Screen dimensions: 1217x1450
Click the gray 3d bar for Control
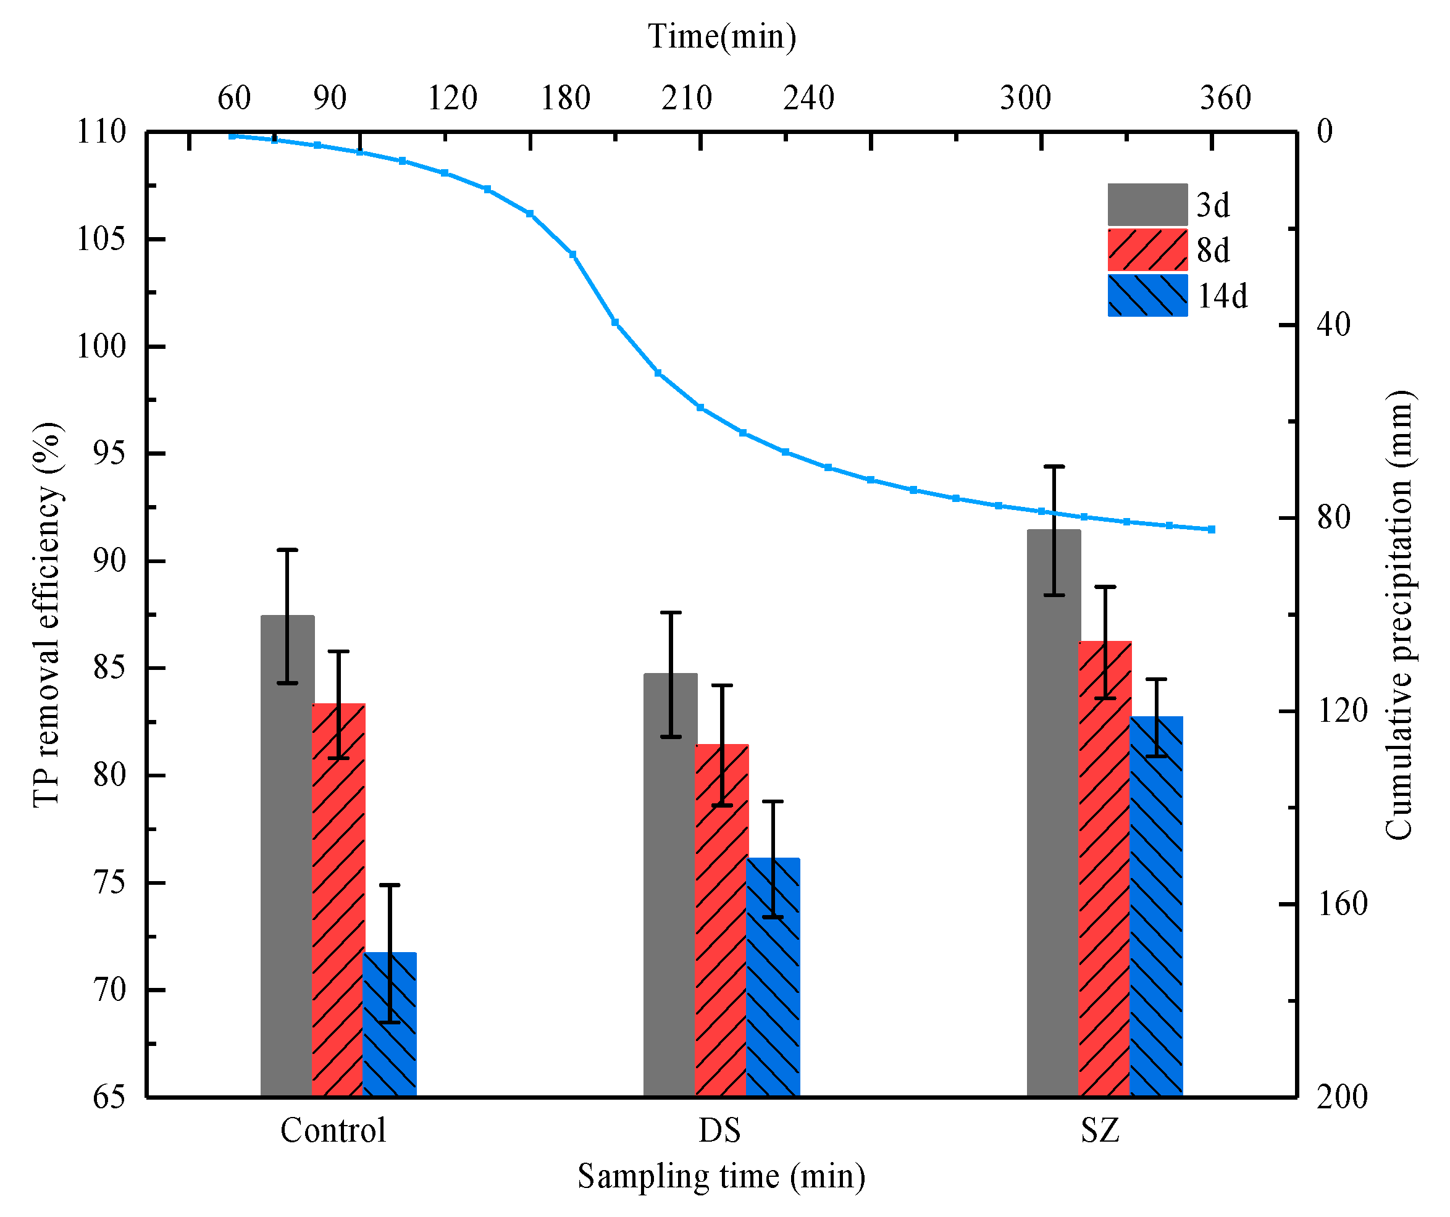(x=287, y=856)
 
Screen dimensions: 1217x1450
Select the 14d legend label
(x=1222, y=297)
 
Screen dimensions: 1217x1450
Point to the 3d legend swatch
(x=1147, y=204)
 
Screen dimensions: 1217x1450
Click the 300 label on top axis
(x=1025, y=98)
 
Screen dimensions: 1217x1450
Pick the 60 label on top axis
(x=234, y=98)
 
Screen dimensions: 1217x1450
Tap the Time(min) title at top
(x=721, y=36)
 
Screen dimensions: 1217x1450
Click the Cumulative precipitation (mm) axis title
(x=1399, y=614)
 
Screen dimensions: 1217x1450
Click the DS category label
(x=719, y=1131)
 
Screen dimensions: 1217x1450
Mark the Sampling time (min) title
(x=721, y=1176)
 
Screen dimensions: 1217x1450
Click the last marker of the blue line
(x=1212, y=529)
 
